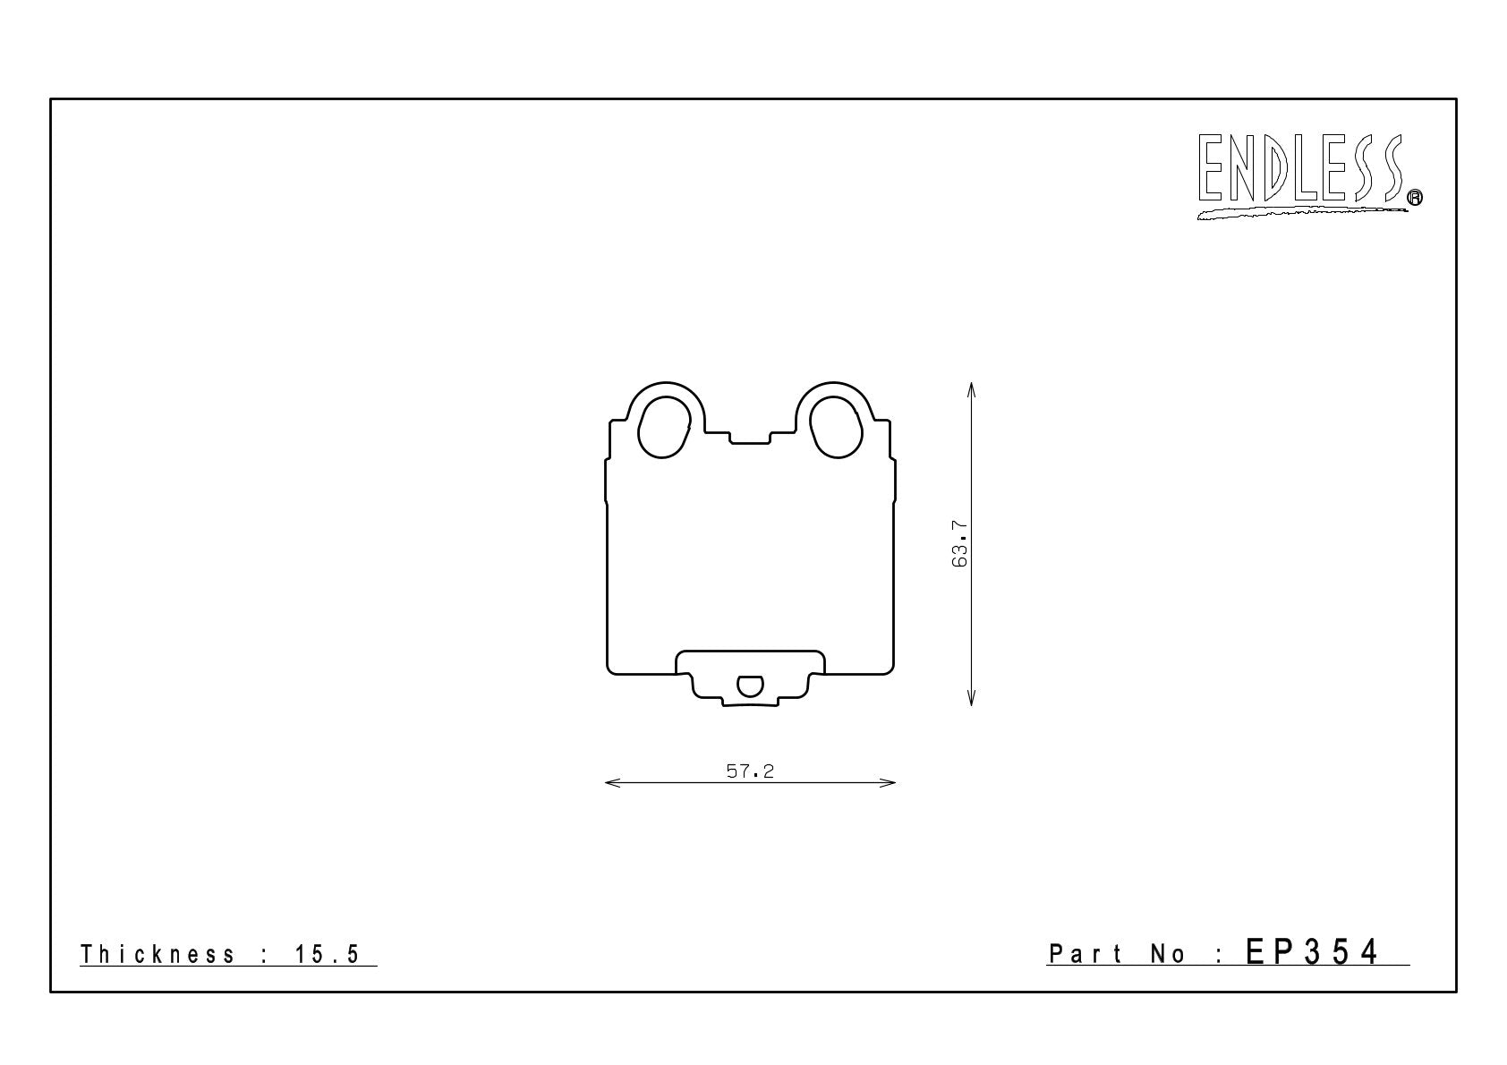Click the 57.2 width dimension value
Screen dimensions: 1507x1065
coord(750,771)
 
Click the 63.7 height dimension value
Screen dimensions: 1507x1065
coord(959,543)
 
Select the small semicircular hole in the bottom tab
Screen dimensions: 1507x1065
coord(750,686)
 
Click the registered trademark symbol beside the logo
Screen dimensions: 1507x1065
coord(1415,197)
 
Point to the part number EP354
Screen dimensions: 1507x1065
coord(1311,952)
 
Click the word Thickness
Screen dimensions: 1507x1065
coord(158,954)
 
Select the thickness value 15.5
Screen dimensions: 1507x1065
coord(327,954)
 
